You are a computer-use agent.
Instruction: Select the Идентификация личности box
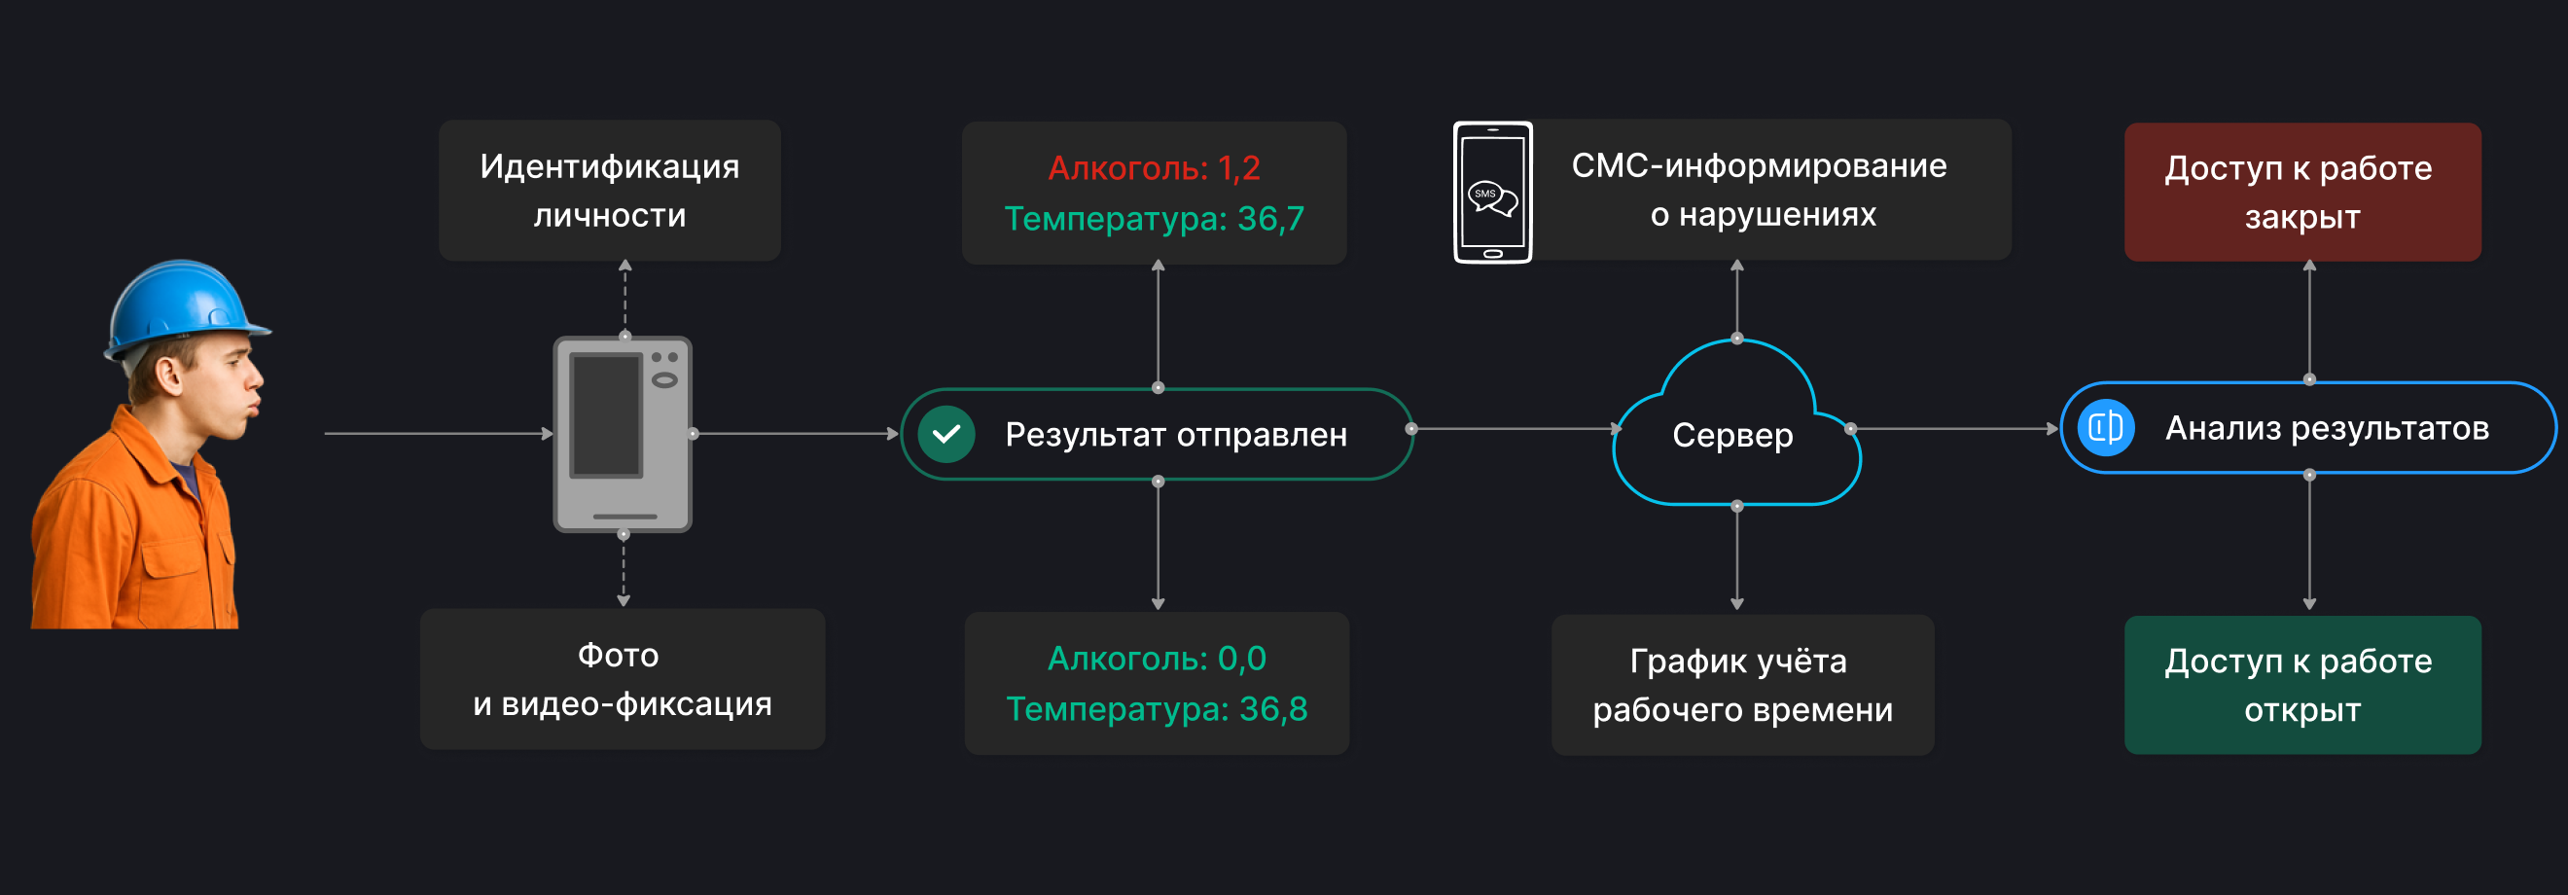tap(609, 191)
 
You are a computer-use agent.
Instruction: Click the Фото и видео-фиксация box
tap(623, 679)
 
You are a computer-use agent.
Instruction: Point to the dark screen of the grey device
tap(605, 414)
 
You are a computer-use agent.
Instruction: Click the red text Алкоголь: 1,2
tap(1154, 167)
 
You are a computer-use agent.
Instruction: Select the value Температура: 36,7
tap(1154, 218)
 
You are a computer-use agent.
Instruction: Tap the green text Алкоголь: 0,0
tap(1157, 658)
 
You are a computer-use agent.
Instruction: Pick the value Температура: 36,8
tap(1157, 708)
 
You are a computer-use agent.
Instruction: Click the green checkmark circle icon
tap(946, 435)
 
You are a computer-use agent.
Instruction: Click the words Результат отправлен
tap(1175, 435)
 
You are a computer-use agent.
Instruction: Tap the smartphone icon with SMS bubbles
tap(1492, 193)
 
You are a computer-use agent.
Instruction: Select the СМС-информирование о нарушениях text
tap(1760, 190)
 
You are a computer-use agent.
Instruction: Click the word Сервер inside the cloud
tap(1732, 436)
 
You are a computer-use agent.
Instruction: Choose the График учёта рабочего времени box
tap(1742, 685)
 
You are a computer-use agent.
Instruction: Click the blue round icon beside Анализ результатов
tap(2105, 428)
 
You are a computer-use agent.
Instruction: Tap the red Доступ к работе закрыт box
tap(2301, 193)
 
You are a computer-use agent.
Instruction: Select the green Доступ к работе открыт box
tap(2301, 685)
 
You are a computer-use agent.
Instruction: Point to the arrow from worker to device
tap(439, 434)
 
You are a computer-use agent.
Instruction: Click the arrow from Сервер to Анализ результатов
tap(1954, 429)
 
